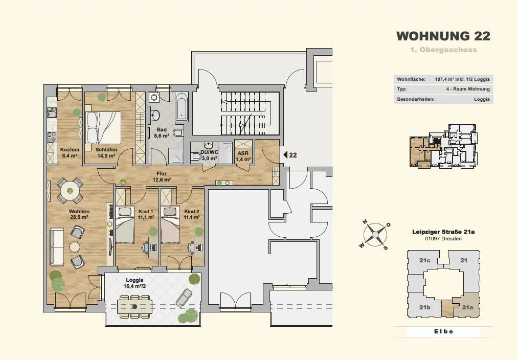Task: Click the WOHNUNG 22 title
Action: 443,36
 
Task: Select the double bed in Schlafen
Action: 103,127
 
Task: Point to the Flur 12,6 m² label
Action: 162,177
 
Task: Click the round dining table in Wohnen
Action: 70,191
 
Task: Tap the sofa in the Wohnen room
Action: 57,246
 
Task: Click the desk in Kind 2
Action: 198,247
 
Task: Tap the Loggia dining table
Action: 134,307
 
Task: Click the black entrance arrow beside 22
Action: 285,154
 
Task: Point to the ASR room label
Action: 243,153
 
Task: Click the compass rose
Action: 375,235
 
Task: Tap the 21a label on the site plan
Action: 467,307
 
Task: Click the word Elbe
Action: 443,331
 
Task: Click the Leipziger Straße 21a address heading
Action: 443,232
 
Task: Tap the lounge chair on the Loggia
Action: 184,298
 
